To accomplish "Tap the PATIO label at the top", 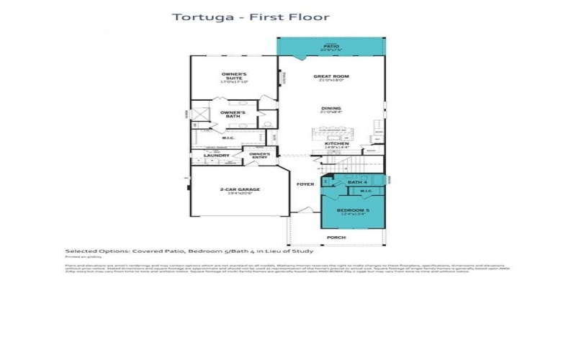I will tap(330, 46).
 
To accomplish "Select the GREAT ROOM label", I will tap(330, 77).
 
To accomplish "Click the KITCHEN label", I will tap(336, 144).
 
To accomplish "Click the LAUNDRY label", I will tap(216, 156).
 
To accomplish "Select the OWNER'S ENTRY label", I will tap(260, 155).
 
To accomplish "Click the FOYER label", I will tap(305, 184).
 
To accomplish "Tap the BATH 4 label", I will tap(356, 183).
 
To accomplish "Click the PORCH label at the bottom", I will tap(336, 237).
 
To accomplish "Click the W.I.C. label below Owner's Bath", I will tap(228, 138).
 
